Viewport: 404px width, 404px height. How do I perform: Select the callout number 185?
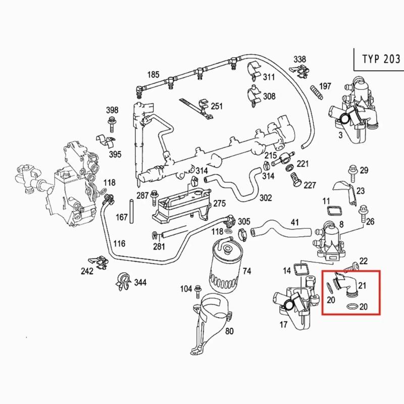153,75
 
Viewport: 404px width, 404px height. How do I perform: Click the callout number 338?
300,59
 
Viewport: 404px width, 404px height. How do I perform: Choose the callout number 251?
217,107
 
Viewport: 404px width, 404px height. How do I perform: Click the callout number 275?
219,204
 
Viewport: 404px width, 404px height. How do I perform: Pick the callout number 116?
119,244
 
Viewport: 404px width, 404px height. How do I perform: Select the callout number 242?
87,271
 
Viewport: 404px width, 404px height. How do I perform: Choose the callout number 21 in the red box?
362,286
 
